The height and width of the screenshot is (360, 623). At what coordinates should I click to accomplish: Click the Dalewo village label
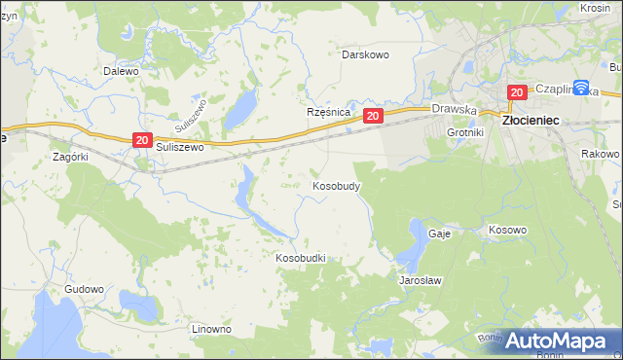coord(122,71)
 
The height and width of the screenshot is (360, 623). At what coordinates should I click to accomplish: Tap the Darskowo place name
coord(365,54)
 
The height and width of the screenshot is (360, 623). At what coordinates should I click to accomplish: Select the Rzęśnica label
coord(328,112)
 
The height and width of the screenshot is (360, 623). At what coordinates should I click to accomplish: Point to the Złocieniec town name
coord(530,119)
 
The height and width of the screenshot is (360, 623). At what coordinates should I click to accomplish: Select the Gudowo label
coord(84,290)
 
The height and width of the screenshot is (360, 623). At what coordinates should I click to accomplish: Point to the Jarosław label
coord(421,280)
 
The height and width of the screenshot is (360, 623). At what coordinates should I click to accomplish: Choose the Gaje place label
coord(439,234)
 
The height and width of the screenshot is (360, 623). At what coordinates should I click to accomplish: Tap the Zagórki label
coord(70,156)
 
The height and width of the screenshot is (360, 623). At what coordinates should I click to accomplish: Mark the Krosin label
coord(594,8)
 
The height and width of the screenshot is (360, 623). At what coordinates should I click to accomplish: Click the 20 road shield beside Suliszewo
coord(141,141)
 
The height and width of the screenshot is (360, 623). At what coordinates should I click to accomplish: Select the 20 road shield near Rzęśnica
coord(373,116)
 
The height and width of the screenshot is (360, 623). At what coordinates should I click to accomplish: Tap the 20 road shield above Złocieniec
coord(517,92)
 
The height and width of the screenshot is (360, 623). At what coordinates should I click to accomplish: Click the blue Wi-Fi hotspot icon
coord(581,88)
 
